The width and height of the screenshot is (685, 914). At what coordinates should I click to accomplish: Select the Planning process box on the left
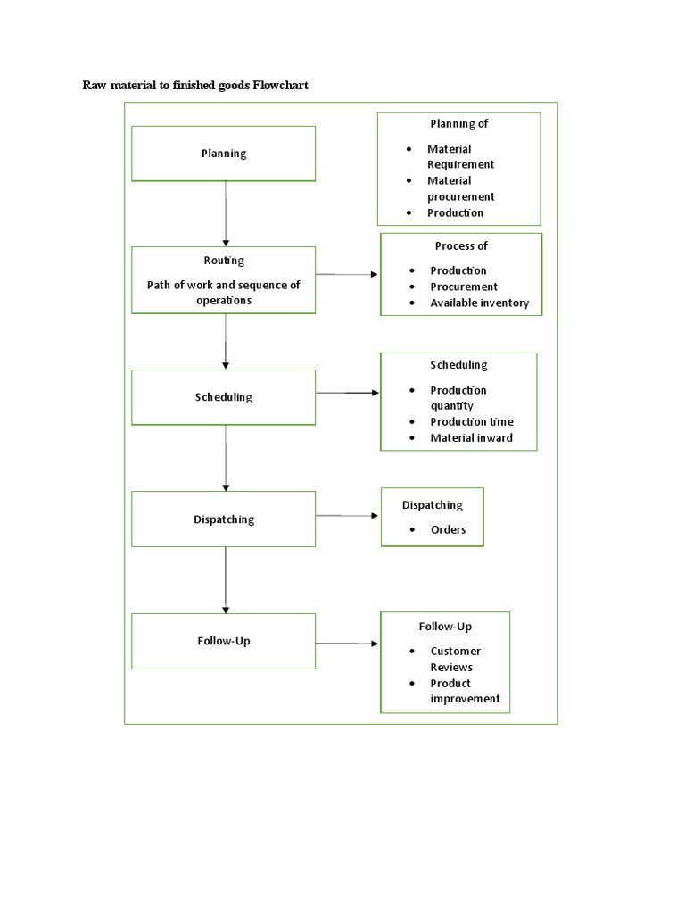[224, 153]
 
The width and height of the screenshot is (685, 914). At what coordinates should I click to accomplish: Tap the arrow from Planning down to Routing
[226, 213]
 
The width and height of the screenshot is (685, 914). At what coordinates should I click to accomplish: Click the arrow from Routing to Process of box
[347, 274]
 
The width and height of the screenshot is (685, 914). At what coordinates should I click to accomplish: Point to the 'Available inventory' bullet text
[479, 303]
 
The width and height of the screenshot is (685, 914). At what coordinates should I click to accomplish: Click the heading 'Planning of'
[459, 124]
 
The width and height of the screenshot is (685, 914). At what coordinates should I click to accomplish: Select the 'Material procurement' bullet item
[460, 188]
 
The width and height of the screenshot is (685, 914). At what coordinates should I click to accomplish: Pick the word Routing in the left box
[224, 261]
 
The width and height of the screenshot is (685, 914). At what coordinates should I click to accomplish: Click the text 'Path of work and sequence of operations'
[224, 293]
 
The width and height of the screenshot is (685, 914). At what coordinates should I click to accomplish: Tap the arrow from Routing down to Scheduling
[226, 341]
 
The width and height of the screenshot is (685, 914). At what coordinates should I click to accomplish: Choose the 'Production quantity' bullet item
[458, 398]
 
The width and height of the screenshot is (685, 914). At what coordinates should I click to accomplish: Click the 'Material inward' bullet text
[471, 438]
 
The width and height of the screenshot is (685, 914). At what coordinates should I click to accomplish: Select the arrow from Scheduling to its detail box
[347, 393]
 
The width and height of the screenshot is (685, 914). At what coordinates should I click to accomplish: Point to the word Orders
[448, 530]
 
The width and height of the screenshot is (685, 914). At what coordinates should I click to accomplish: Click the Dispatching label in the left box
[224, 519]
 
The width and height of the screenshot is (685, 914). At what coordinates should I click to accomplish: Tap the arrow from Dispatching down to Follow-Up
[226, 579]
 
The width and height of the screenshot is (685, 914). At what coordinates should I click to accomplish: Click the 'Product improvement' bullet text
[465, 691]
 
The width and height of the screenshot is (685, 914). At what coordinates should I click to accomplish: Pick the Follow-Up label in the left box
[224, 641]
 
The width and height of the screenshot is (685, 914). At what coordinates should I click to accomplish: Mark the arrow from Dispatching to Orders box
[347, 515]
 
